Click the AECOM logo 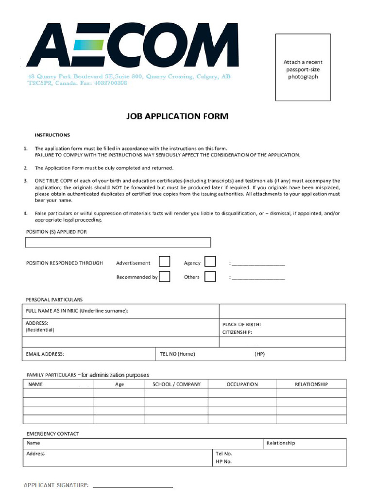pos(132,45)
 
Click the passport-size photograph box pos(303,67)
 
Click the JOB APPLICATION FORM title pos(177,116)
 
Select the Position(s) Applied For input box pos(118,243)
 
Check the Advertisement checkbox pos(165,262)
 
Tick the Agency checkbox pos(210,262)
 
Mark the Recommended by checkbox pos(165,277)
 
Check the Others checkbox pos(210,277)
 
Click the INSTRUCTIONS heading pos(52,135)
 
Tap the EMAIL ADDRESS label pos(45,354)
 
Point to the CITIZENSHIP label pos(237,332)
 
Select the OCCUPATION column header pos(242,384)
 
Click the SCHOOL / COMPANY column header pos(176,384)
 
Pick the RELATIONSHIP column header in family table pos(311,384)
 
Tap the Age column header pos(119,384)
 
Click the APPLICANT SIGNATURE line pos(133,486)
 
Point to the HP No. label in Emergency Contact pos(223,462)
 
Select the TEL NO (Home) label pos(177,354)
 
